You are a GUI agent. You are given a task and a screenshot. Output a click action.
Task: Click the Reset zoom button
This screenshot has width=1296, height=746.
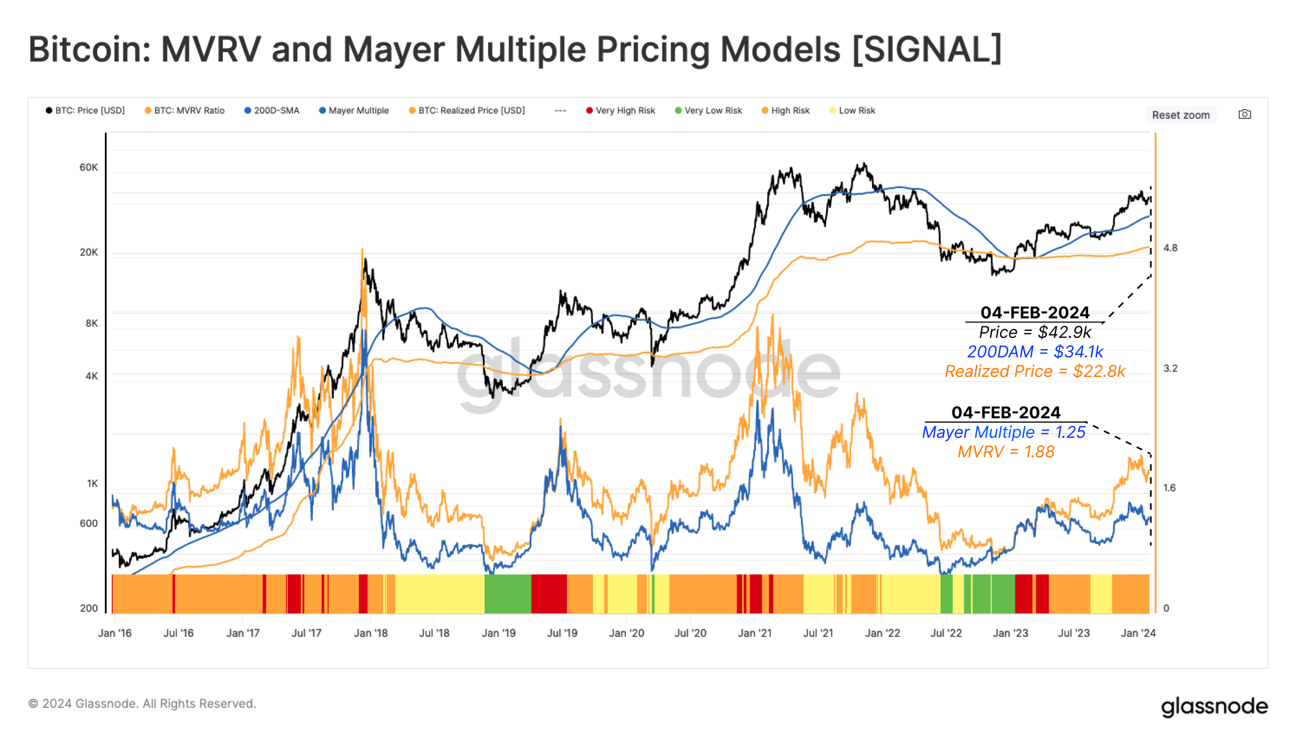[1180, 115]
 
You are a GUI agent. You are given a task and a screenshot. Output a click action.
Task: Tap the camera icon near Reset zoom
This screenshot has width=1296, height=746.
[1244, 114]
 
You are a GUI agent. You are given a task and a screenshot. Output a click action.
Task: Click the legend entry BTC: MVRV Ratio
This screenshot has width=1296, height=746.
[189, 111]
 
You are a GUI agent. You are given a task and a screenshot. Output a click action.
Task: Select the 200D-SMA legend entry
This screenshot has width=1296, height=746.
[276, 111]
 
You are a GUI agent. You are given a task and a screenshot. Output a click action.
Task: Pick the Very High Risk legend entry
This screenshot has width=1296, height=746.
[625, 111]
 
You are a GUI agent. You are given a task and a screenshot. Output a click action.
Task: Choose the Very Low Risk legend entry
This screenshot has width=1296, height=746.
[713, 111]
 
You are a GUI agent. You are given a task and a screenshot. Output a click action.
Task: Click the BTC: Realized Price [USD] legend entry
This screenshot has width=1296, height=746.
[471, 111]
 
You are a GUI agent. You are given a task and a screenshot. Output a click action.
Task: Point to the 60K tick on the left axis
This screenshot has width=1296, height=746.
[89, 167]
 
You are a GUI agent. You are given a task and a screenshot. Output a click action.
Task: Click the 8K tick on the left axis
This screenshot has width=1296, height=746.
[91, 323]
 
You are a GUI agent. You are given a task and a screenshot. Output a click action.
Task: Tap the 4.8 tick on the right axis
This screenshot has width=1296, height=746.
[1170, 248]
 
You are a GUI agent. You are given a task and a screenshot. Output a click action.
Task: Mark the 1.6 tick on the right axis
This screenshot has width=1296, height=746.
[1169, 488]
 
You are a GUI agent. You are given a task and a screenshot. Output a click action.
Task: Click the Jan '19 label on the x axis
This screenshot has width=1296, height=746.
[498, 633]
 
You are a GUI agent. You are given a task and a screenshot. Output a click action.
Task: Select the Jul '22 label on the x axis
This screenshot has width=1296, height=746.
[945, 633]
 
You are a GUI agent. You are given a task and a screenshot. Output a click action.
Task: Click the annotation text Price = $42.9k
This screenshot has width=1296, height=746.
[1035, 332]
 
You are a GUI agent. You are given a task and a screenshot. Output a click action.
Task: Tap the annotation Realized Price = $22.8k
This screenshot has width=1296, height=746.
[1035, 372]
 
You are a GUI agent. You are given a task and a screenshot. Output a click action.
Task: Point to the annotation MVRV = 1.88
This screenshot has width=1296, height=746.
[1006, 452]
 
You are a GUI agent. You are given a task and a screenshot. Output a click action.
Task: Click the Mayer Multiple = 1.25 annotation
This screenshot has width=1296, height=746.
[1003, 433]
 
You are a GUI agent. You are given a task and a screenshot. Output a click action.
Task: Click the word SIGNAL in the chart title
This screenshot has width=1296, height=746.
[927, 50]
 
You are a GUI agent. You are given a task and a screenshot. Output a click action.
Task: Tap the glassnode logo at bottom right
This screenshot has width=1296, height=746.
[1214, 706]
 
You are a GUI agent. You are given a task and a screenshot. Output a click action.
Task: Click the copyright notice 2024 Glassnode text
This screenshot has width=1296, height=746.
[143, 704]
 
